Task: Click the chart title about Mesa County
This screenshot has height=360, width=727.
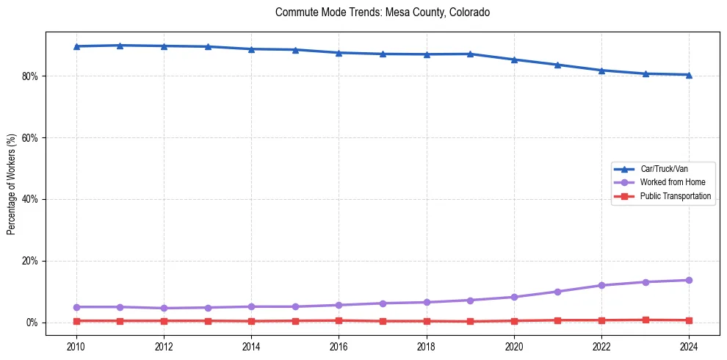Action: pyautogui.click(x=382, y=12)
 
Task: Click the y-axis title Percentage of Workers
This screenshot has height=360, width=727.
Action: pyautogui.click(x=11, y=184)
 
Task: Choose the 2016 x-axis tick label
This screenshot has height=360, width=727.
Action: pyautogui.click(x=339, y=345)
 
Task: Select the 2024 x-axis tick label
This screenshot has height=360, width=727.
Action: pyautogui.click(x=689, y=345)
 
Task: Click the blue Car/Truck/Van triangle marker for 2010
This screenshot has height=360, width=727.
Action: pyautogui.click(x=76, y=46)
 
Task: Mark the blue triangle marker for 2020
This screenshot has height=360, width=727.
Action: pyautogui.click(x=514, y=60)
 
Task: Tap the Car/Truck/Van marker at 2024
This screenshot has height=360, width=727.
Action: pyautogui.click(x=689, y=74)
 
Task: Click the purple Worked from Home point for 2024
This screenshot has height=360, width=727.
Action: pyautogui.click(x=689, y=280)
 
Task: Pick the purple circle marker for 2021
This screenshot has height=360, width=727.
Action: pyautogui.click(x=557, y=292)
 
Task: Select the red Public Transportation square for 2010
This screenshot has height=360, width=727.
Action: pyautogui.click(x=76, y=321)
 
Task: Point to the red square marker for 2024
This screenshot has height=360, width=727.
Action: pyautogui.click(x=689, y=320)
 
